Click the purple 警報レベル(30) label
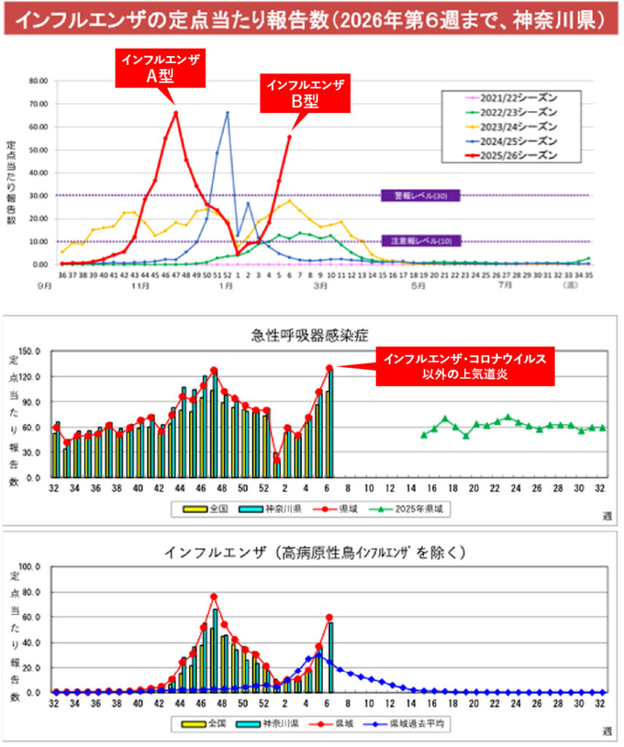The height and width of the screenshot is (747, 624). pyautogui.click(x=420, y=196)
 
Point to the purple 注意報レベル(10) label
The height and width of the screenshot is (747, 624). pyautogui.click(x=420, y=241)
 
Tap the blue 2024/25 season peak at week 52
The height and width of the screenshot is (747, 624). pyautogui.click(x=227, y=113)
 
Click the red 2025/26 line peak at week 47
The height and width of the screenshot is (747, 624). pyautogui.click(x=176, y=112)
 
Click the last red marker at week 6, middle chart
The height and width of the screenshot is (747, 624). pyautogui.click(x=329, y=368)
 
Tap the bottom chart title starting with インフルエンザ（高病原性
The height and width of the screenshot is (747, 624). pyautogui.click(x=310, y=552)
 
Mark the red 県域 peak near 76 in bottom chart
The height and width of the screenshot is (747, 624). pyautogui.click(x=214, y=597)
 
